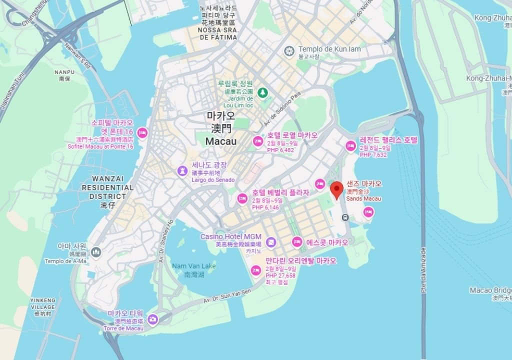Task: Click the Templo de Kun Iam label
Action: (x=329, y=49)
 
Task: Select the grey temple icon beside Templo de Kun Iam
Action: (x=288, y=50)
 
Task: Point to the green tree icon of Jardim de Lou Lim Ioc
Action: (x=262, y=92)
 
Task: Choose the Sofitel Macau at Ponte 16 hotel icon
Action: (x=142, y=132)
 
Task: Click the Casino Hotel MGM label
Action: (x=230, y=236)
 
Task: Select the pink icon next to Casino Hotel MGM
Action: (x=270, y=242)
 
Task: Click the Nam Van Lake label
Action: (x=194, y=266)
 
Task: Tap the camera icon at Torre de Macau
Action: (x=152, y=318)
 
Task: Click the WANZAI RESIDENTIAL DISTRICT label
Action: (x=112, y=188)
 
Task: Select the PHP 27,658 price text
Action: (x=280, y=275)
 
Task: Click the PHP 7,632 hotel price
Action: (x=373, y=155)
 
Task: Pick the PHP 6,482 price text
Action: (x=280, y=150)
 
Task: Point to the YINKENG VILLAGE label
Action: (x=42, y=303)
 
